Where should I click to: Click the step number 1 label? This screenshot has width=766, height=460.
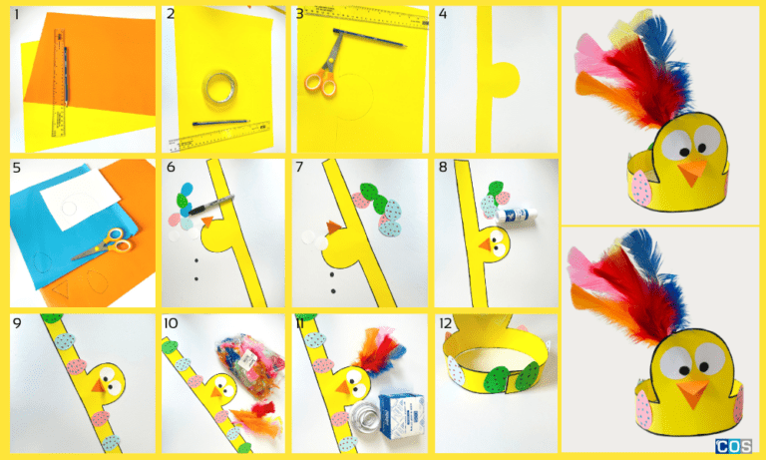coord(17,15)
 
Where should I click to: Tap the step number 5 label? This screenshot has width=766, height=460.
coord(17,169)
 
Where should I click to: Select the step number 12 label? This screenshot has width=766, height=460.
coord(446,324)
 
